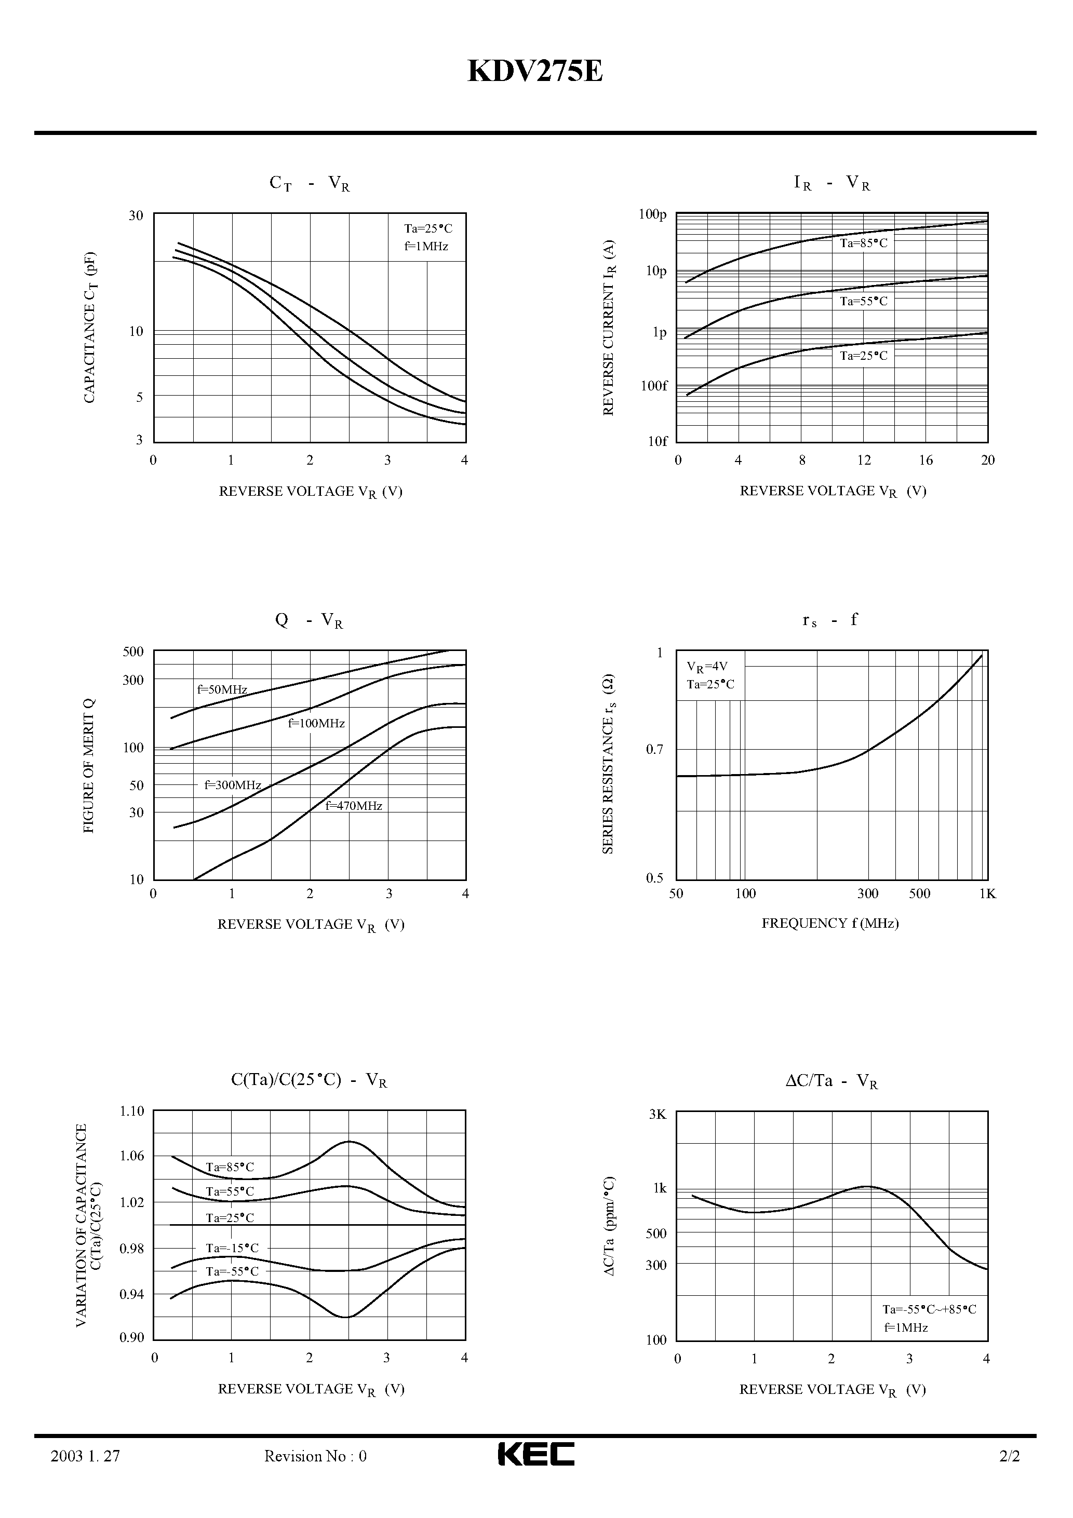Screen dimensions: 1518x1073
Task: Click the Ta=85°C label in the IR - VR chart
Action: point(863,243)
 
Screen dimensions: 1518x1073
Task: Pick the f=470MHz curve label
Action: point(354,806)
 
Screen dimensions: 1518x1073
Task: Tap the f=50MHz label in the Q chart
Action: point(222,689)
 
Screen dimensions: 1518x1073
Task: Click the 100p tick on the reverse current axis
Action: point(652,214)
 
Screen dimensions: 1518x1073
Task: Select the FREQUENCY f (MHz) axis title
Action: point(830,923)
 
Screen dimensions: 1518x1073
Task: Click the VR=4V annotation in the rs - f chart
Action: point(706,667)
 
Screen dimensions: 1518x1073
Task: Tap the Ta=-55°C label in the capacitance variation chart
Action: point(232,1271)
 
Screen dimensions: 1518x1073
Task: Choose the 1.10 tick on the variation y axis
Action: point(131,1111)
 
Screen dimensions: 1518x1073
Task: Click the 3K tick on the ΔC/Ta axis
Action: point(658,1114)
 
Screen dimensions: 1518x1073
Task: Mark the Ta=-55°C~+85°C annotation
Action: point(929,1309)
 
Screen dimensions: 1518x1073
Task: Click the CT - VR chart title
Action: point(309,183)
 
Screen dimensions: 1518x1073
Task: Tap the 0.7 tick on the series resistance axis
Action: point(654,749)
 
